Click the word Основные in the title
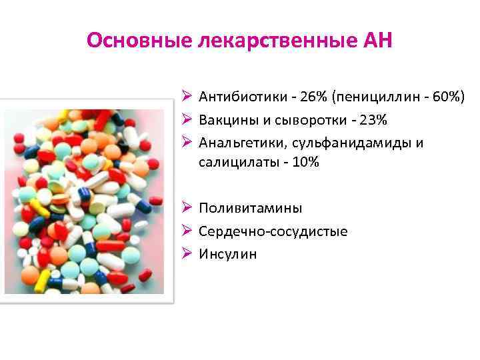click(139, 41)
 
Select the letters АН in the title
click(377, 41)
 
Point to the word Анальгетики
click(239, 143)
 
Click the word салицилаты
click(232, 162)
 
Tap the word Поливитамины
click(250, 208)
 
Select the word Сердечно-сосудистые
click(273, 231)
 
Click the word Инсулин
click(227, 254)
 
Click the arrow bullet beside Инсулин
click(187, 254)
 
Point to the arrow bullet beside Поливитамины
click(187, 208)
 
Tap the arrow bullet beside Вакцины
click(187, 121)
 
